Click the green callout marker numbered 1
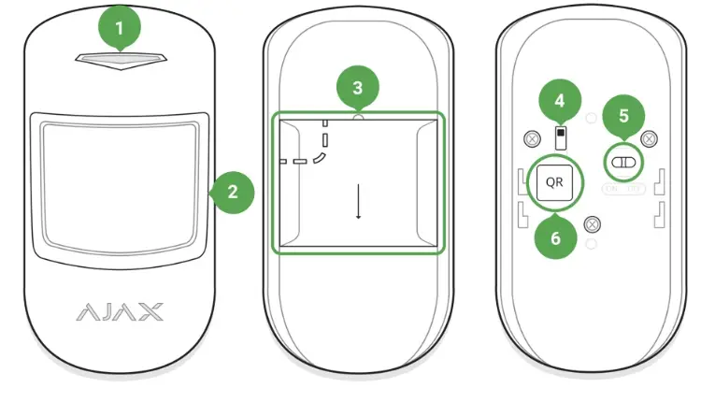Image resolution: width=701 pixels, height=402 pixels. click(x=119, y=28)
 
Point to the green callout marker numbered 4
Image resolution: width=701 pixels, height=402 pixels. click(x=560, y=99)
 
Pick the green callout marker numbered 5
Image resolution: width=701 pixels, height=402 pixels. click(x=624, y=119)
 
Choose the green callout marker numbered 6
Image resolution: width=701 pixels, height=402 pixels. click(x=554, y=237)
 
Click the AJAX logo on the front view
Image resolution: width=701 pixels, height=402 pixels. click(x=119, y=310)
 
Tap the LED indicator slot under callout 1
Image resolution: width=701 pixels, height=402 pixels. click(x=119, y=61)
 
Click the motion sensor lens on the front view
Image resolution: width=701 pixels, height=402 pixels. click(x=119, y=184)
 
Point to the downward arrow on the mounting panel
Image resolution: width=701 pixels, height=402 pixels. click(x=357, y=200)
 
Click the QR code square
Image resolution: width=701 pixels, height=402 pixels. click(x=554, y=181)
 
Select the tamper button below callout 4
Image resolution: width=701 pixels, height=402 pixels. click(x=560, y=138)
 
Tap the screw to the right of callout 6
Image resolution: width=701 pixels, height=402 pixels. click(x=592, y=223)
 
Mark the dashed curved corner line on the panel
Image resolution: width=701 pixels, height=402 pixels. click(x=321, y=158)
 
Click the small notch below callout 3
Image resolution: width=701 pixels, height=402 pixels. click(x=357, y=119)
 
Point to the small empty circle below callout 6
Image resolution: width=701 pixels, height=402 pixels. click(x=591, y=245)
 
